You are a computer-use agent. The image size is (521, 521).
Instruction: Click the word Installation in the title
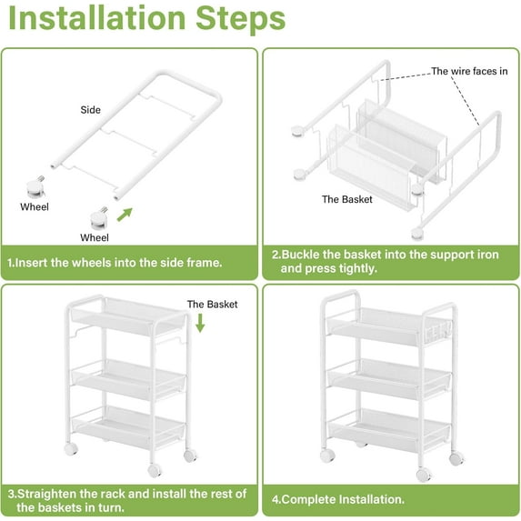[96, 18]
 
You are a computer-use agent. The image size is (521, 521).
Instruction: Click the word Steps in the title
[241, 18]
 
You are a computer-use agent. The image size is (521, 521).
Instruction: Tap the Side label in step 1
[90, 110]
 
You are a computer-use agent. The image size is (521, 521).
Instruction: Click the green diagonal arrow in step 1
[125, 215]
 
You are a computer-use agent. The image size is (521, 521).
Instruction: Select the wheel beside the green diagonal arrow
[99, 218]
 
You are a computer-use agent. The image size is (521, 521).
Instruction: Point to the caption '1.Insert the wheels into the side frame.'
[115, 263]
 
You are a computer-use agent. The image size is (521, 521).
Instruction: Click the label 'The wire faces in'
[469, 71]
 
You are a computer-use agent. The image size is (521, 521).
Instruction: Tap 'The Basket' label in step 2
[347, 199]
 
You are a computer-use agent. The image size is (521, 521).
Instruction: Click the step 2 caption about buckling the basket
[386, 262]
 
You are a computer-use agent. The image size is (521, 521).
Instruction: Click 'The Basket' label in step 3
[212, 305]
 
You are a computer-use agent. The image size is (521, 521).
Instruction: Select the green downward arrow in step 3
[200, 324]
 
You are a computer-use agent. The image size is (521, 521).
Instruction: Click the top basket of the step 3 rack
[128, 316]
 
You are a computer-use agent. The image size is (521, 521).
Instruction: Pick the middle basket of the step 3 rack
[128, 379]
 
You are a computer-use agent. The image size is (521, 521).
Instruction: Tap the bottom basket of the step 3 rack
[128, 426]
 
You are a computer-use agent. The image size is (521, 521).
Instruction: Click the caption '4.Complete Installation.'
[338, 499]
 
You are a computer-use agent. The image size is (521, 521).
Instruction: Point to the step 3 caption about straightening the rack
[127, 501]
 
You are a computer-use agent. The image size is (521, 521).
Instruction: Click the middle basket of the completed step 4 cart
[389, 379]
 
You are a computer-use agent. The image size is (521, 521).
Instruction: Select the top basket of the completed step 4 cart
[389, 326]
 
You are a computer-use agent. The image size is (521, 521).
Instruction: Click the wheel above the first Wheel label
[35, 187]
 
